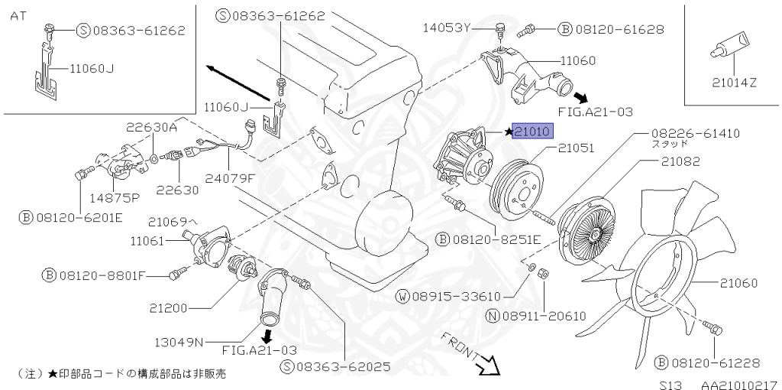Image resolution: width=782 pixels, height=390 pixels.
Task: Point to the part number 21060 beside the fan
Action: [738, 283]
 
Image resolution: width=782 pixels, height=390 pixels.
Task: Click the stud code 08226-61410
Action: [695, 133]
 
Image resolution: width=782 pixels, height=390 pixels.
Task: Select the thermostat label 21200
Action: [168, 308]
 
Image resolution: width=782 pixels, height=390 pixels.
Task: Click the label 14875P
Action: [115, 197]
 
